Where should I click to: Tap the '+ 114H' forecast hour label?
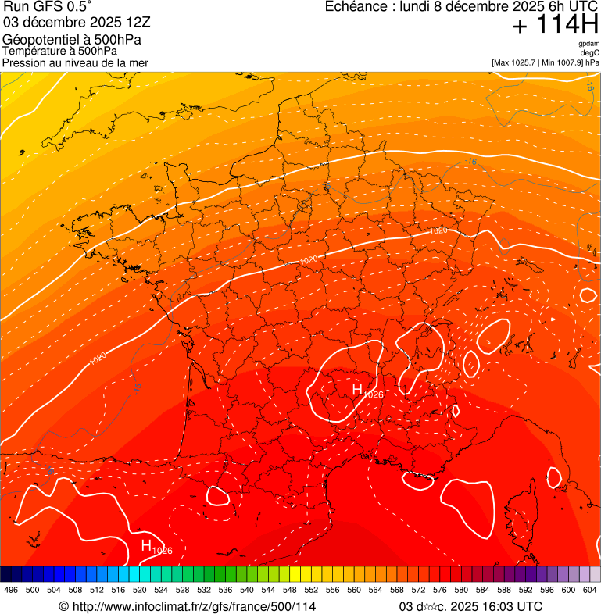point(555,26)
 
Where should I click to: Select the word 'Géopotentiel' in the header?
point(39,40)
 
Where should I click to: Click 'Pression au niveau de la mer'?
point(75,62)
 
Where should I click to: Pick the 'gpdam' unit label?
point(588,43)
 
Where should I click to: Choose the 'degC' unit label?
point(589,52)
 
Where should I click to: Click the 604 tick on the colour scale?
point(591,590)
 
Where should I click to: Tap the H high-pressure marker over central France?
point(357,389)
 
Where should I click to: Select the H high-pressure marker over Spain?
point(146,545)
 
